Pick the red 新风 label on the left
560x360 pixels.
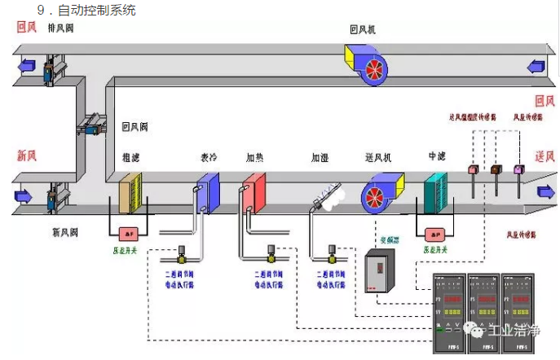point(27,155)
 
